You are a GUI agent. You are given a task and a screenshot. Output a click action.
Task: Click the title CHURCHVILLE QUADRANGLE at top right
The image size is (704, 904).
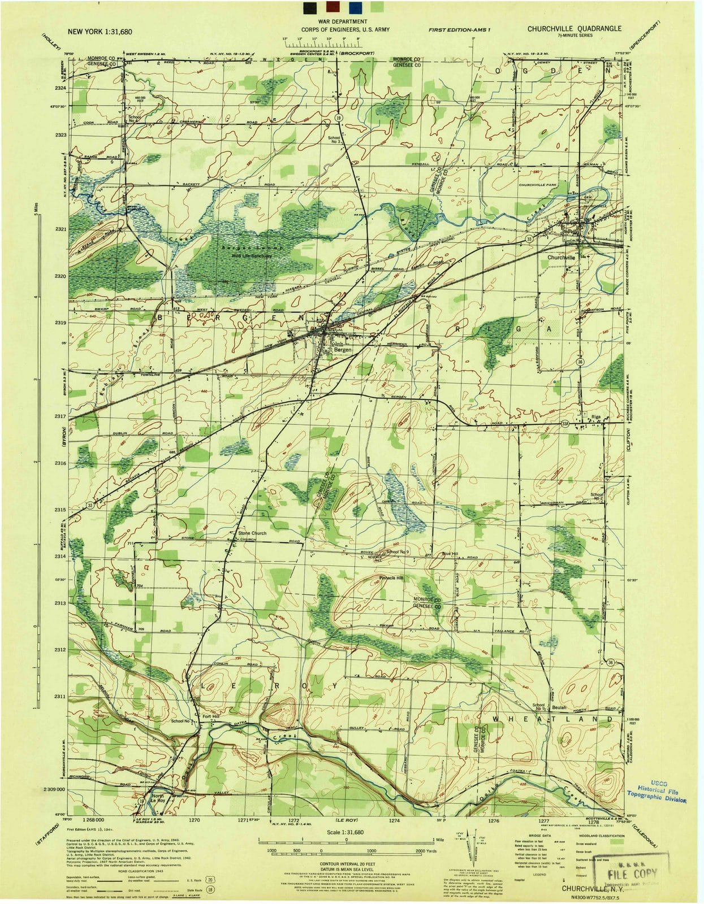click(575, 28)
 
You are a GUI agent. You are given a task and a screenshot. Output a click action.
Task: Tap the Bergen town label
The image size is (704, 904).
click(343, 350)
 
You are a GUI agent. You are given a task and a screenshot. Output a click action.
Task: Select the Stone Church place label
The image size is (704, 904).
click(252, 533)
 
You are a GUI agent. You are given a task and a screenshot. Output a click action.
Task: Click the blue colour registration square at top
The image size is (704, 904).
click(355, 7)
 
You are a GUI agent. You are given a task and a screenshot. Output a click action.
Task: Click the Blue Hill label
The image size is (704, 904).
click(450, 553)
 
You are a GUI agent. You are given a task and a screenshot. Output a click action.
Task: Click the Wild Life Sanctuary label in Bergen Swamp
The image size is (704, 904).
click(252, 256)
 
